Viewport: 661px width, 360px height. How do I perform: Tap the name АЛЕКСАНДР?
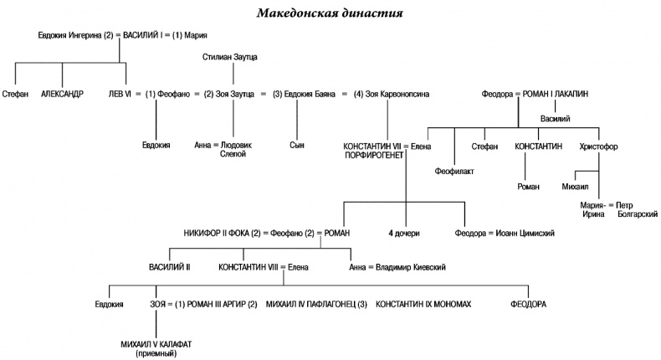[63, 94]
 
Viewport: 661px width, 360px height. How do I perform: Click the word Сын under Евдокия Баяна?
[297, 145]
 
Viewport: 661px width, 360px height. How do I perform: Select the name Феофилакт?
[454, 172]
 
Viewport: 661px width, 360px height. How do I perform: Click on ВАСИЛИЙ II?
[170, 267]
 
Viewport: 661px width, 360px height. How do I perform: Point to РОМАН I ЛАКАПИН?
[558, 94]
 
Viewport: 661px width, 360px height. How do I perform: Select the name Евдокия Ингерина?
[70, 35]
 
